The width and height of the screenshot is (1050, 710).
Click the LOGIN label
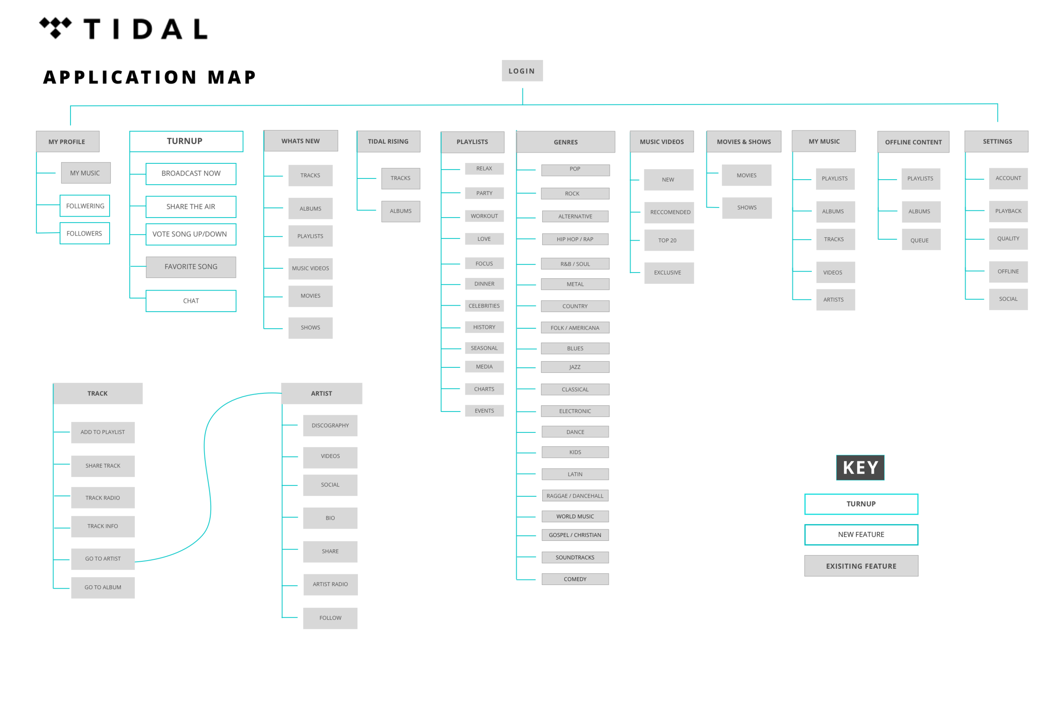coord(521,71)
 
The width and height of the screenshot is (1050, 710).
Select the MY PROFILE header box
coord(67,142)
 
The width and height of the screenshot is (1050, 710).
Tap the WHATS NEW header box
coord(300,141)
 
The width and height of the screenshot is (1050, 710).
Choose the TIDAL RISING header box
coord(388,141)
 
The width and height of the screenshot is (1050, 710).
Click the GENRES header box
coord(566,142)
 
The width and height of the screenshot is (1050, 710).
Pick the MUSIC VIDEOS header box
coord(661,142)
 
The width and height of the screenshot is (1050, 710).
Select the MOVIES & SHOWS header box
coord(744,142)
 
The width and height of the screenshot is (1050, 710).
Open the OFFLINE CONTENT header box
coord(913,142)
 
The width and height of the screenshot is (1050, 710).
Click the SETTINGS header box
coord(997,141)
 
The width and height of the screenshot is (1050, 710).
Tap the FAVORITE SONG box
coord(191,267)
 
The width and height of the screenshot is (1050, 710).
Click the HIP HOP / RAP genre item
coord(575,239)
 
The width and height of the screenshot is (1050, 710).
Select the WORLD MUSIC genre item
coord(575,516)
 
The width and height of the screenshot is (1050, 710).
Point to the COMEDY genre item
coord(575,579)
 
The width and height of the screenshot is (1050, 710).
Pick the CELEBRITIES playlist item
coord(484,306)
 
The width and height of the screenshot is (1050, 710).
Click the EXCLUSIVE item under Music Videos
coord(667,272)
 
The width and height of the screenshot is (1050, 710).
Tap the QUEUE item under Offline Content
coord(919,240)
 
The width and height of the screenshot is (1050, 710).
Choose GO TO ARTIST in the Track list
coord(103,559)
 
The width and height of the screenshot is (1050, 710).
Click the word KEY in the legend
coord(860,467)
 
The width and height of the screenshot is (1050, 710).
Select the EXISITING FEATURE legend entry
coord(861,566)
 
